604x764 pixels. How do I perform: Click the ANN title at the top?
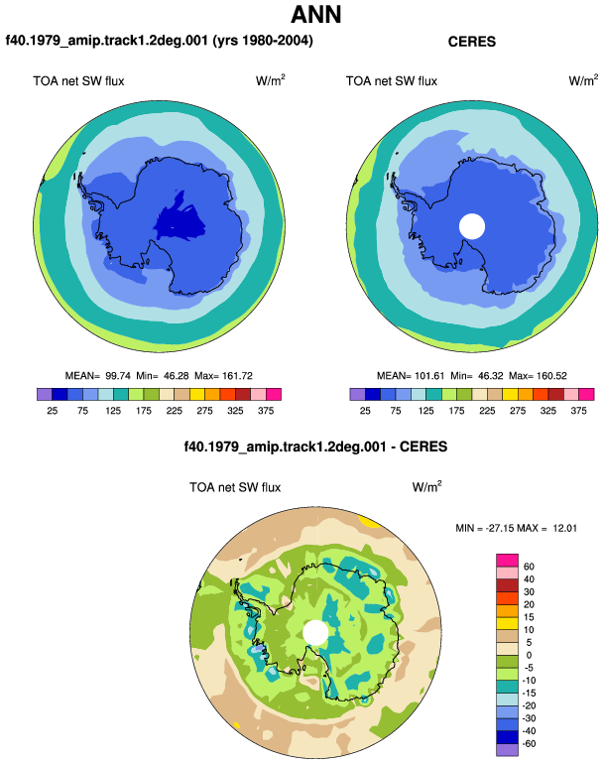pyautogui.click(x=315, y=14)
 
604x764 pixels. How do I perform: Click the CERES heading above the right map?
pyautogui.click(x=471, y=42)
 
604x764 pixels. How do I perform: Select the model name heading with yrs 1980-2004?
pyautogui.click(x=159, y=40)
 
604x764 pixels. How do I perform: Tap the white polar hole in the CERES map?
pyautogui.click(x=472, y=226)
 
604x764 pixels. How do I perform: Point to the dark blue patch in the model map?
pyautogui.click(x=180, y=220)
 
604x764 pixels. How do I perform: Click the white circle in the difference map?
pyautogui.click(x=315, y=632)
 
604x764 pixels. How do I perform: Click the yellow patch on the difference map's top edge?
pyautogui.click(x=370, y=521)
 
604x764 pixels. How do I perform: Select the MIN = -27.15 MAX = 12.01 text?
pyautogui.click(x=516, y=528)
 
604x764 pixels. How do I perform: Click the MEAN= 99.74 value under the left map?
pyautogui.click(x=98, y=376)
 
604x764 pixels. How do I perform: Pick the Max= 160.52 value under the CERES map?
pyautogui.click(x=538, y=376)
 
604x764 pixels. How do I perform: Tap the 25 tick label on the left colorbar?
pyautogui.click(x=53, y=411)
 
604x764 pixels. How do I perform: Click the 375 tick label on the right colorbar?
pyautogui.click(x=578, y=411)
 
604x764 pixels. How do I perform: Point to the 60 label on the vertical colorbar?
pyautogui.click(x=529, y=567)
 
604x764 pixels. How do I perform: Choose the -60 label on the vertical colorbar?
pyautogui.click(x=529, y=744)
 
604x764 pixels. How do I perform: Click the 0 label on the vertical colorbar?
pyautogui.click(x=529, y=655)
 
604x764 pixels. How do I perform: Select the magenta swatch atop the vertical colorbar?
pyautogui.click(x=507, y=561)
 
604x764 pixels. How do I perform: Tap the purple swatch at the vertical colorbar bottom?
pyautogui.click(x=507, y=750)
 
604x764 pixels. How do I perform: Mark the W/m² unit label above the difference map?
pyautogui.click(x=426, y=486)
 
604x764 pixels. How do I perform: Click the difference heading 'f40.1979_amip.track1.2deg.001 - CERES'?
pyautogui.click(x=315, y=446)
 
